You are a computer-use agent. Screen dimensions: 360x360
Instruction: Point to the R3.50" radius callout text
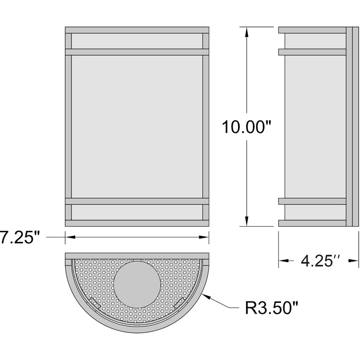pyautogui.click(x=271, y=308)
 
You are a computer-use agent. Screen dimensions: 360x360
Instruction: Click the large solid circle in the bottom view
pyautogui.click(x=137, y=285)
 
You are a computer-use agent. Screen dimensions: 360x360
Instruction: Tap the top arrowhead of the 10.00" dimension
pyautogui.click(x=247, y=32)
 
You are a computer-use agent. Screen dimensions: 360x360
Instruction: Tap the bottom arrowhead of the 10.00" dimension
pyautogui.click(x=247, y=221)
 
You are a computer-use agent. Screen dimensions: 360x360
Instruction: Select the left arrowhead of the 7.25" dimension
pyautogui.click(x=71, y=237)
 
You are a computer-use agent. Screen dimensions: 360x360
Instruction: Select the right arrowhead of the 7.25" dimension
pyautogui.click(x=204, y=237)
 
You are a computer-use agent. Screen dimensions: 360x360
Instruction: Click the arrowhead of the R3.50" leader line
pyautogui.click(x=207, y=297)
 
